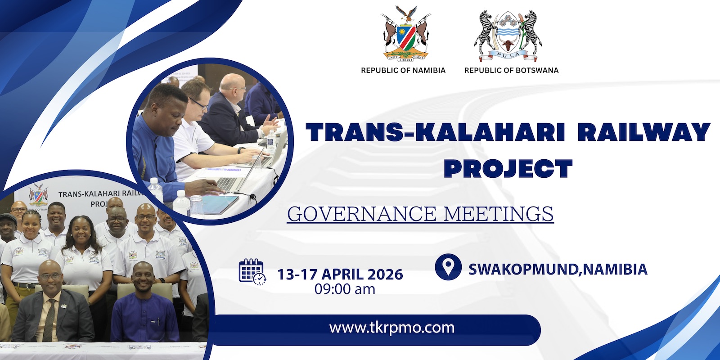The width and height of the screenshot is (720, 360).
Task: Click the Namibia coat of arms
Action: point(406,34)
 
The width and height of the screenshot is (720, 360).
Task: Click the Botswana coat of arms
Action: point(508,36)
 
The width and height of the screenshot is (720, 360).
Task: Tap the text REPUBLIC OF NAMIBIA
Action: point(403,70)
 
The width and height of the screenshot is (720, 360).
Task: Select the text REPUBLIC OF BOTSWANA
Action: point(511,70)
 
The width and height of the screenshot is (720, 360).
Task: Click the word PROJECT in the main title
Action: point(508,169)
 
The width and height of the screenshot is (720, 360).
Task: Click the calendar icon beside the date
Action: point(252,272)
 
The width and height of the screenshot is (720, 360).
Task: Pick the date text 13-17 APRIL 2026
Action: point(340,274)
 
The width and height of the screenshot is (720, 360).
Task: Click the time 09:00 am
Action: point(345,289)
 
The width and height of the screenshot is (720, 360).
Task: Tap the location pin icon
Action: point(448,267)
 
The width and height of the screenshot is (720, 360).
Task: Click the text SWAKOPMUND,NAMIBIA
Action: point(558,270)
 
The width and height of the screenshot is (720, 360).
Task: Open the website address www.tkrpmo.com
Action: point(392,328)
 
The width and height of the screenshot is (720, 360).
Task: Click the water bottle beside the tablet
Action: point(181,203)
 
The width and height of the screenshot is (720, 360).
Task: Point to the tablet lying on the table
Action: point(220,204)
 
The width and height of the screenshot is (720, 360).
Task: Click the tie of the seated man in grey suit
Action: point(49,320)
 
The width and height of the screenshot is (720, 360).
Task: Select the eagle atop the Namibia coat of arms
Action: point(406,14)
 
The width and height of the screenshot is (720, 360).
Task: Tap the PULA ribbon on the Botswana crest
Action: point(508,56)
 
